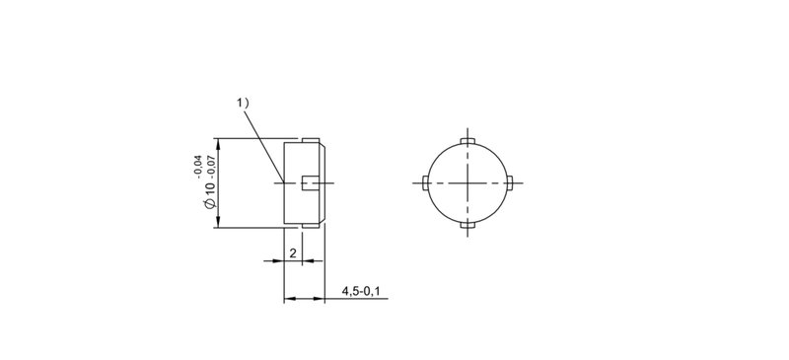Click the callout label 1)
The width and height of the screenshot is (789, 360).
tap(243, 104)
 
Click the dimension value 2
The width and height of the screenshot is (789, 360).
tap(293, 252)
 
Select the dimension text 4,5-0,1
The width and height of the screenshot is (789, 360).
tap(361, 291)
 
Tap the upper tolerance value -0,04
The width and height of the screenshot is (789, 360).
tap(198, 167)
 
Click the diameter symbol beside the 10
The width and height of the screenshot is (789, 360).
tap(210, 203)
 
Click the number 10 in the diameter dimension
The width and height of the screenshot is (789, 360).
tap(210, 189)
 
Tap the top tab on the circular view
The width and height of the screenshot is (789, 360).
tap(467, 141)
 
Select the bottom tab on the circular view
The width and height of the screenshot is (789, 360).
tap(467, 225)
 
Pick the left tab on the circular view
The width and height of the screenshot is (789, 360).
tap(426, 182)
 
